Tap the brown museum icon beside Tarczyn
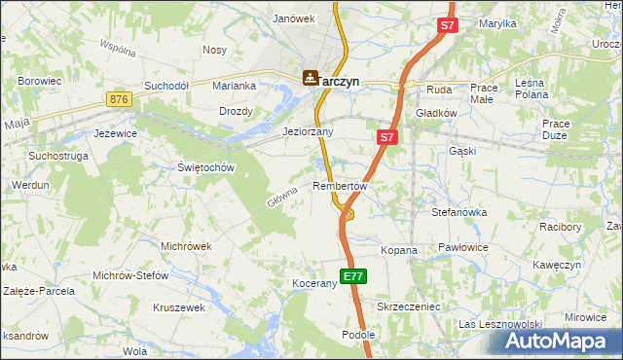point(311,77)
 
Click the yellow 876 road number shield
point(119,99)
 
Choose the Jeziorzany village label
point(308,131)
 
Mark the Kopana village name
point(398,250)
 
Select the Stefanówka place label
point(464,210)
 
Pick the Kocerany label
point(313,284)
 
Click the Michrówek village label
point(186,246)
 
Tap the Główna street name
point(280,198)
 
